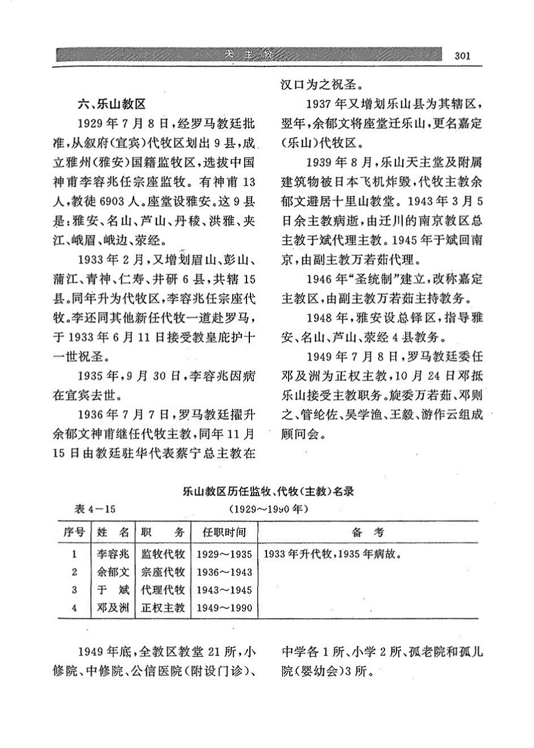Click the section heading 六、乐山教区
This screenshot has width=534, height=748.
pos(113,104)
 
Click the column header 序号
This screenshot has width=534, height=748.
pos(74,532)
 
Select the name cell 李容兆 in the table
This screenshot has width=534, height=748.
pos(113,554)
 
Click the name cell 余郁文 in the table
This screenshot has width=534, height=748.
pos(113,572)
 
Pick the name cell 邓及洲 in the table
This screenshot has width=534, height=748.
pos(113,607)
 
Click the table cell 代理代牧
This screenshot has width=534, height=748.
pos(163,589)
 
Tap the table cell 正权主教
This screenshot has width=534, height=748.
pos(163,607)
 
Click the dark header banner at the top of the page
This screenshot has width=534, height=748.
pos(249,55)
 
